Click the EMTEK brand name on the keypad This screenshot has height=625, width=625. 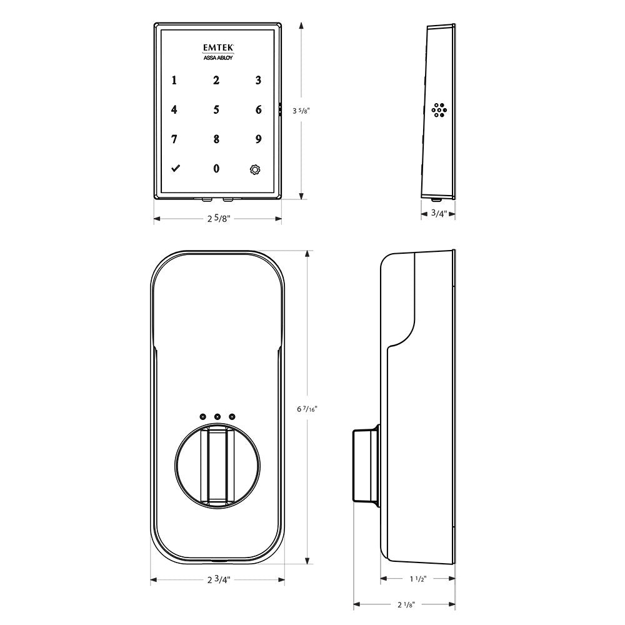(x=217, y=46)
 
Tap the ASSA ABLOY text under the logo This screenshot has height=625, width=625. (x=216, y=58)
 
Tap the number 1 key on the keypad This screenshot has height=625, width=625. (x=174, y=80)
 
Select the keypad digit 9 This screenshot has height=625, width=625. (x=258, y=139)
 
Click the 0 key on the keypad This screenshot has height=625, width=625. (x=216, y=169)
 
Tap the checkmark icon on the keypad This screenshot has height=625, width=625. (x=174, y=169)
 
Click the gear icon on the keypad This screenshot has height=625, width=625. (x=254, y=169)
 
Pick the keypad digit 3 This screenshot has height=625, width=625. (x=258, y=80)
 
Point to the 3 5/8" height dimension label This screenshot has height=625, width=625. (x=301, y=111)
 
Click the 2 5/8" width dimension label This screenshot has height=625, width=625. (x=217, y=219)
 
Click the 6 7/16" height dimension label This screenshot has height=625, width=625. (x=307, y=409)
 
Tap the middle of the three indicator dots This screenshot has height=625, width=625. (x=217, y=417)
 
